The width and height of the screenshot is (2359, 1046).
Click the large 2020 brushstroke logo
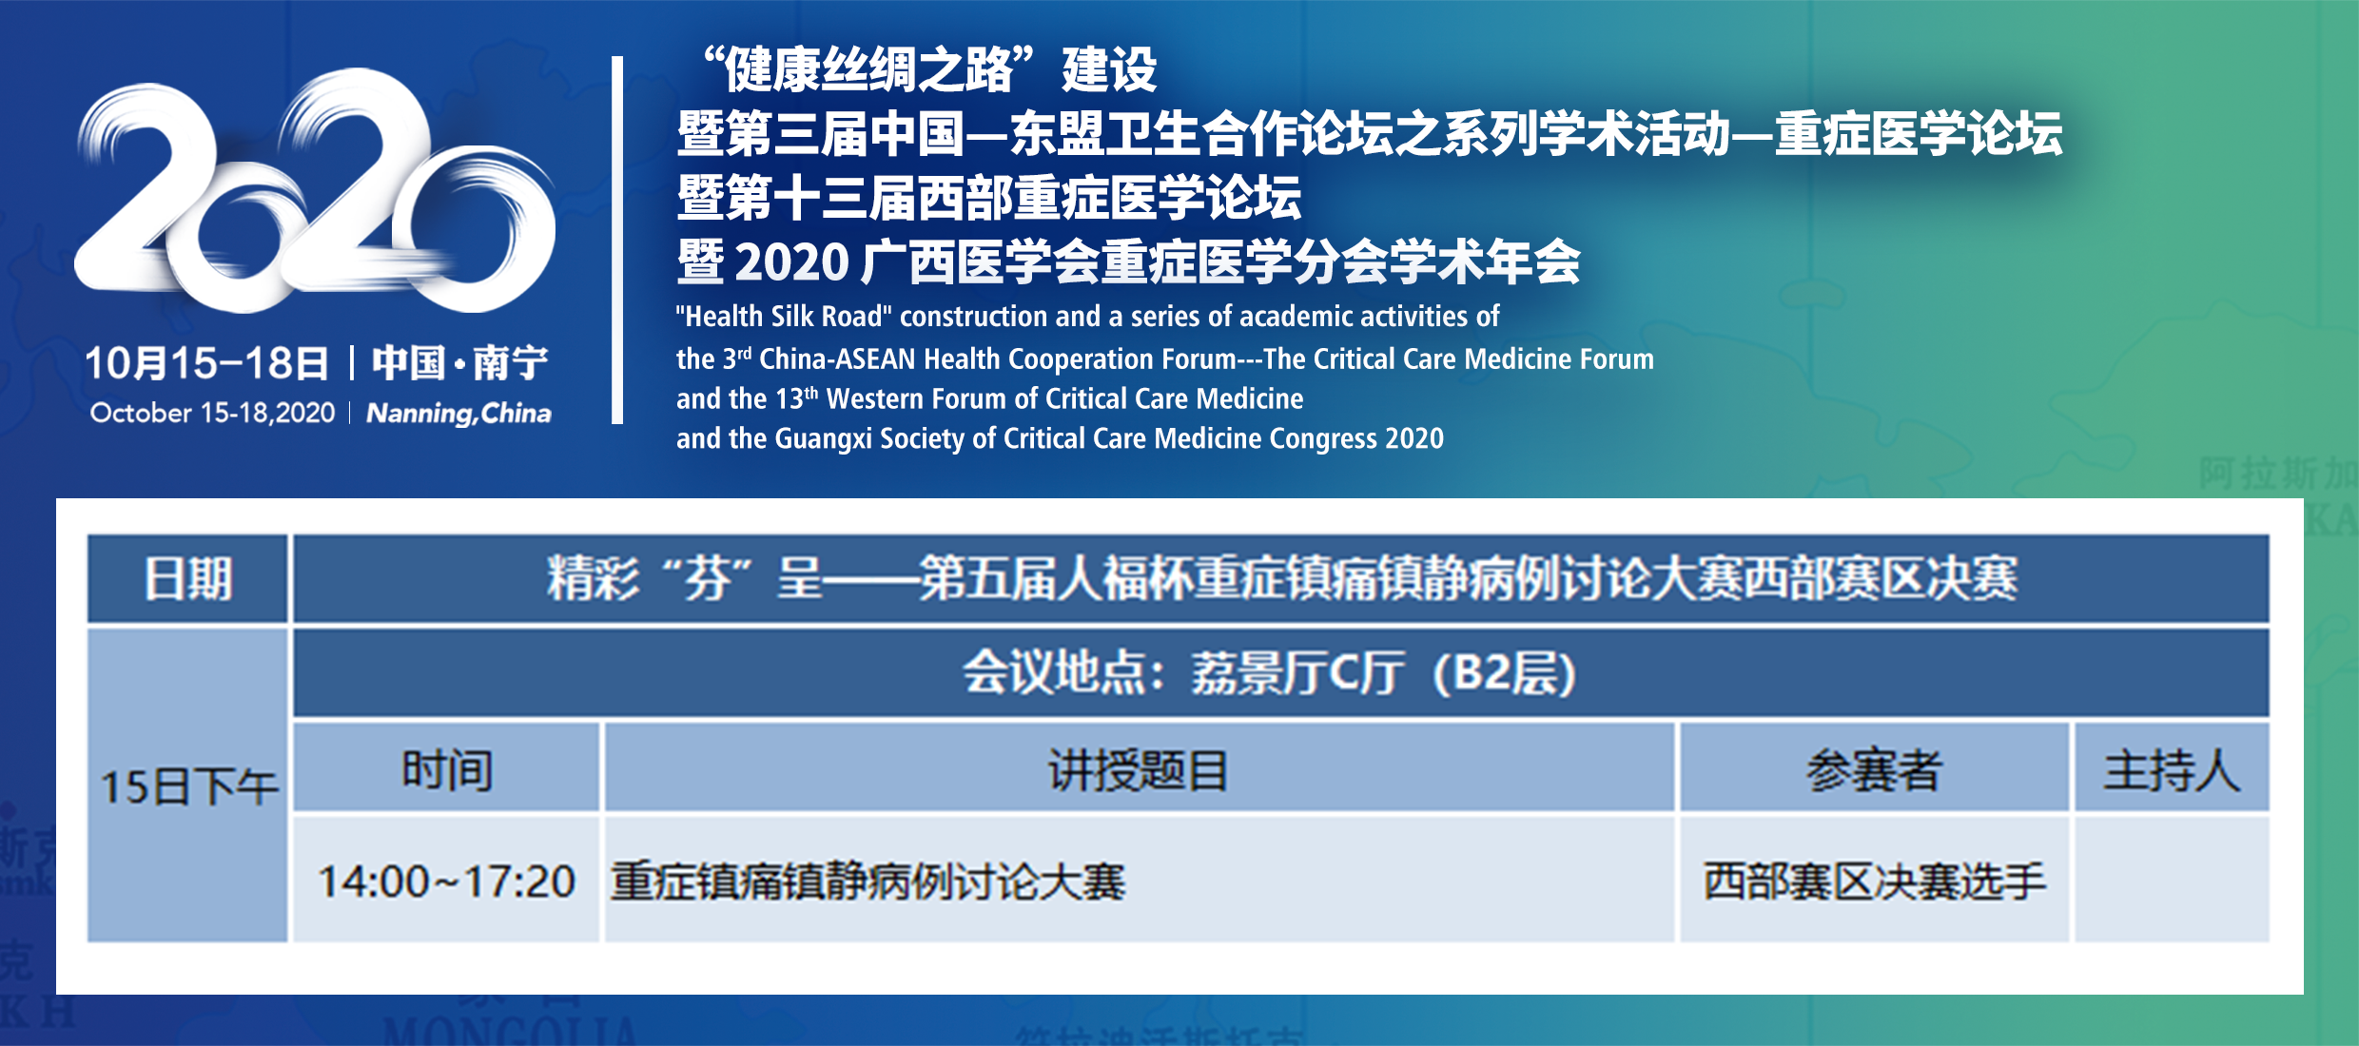314,190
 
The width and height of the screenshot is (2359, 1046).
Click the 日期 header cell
187,578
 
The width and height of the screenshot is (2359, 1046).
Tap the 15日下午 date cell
187,785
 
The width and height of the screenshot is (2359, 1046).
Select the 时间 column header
446,768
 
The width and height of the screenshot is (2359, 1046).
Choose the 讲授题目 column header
1139,768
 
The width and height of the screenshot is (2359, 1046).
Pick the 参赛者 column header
1874,768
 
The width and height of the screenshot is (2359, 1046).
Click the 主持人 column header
2172,768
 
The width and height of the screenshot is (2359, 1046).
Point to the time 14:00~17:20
446,881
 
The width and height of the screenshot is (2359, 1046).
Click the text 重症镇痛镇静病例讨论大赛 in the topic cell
868,881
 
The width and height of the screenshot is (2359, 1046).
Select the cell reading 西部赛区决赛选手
1874,881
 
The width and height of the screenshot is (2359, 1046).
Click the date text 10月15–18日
207,363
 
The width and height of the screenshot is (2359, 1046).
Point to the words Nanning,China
458,414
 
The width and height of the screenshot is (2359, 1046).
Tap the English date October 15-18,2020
212,413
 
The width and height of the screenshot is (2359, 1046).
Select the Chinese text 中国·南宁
460,362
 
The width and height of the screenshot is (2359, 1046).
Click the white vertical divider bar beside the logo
617,240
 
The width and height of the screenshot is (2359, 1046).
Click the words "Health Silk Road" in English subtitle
784,316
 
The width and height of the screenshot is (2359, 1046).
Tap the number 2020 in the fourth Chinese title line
791,262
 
